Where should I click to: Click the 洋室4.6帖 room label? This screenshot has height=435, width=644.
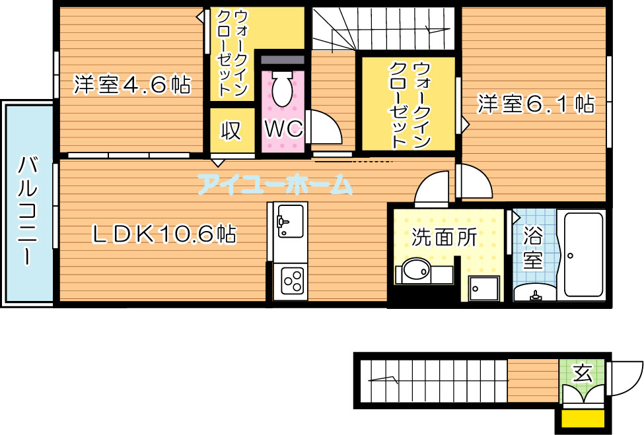tap(132, 84)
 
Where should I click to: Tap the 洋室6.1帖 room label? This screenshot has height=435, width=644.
tap(536, 104)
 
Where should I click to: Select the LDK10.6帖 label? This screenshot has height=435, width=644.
tap(164, 234)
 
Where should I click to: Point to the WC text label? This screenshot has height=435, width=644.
tap(284, 129)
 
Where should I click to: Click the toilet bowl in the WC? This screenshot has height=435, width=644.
tap(283, 88)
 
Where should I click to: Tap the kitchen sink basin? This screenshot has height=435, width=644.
tap(291, 220)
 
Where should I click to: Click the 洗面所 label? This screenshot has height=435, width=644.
tap(444, 237)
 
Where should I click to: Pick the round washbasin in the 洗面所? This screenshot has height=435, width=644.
tap(415, 271)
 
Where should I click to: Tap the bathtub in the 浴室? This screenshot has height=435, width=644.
tap(584, 254)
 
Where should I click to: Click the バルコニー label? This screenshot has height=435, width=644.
tap(28, 210)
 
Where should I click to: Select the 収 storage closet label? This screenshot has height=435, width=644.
tap(231, 131)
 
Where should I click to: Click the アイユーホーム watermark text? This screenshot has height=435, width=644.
tap(275, 184)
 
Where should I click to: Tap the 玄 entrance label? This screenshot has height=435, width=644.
tap(583, 373)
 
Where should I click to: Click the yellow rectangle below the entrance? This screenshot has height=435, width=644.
tap(583, 418)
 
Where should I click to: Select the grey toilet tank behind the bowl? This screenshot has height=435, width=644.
tap(283, 59)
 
